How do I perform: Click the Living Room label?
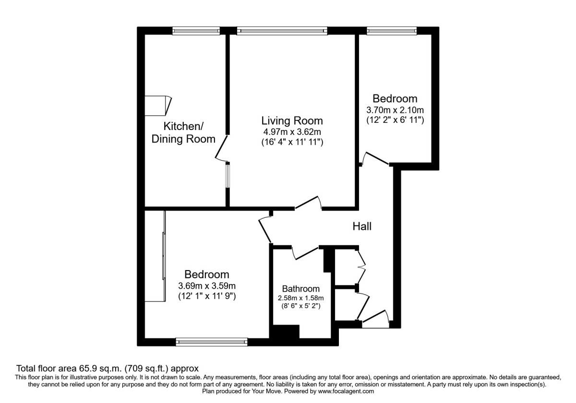coord(292,120)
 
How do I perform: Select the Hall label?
coord(362,226)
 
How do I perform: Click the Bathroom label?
coord(300,289)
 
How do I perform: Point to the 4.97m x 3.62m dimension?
coord(292,131)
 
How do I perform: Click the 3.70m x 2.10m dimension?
coord(395,110)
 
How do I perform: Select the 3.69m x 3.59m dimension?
coord(207,286)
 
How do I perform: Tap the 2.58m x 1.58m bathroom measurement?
coord(300,298)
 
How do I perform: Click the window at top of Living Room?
coord(282,31)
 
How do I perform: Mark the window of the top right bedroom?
coord(392,31)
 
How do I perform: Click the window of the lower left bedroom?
coord(211,342)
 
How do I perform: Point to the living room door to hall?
coord(308,203)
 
